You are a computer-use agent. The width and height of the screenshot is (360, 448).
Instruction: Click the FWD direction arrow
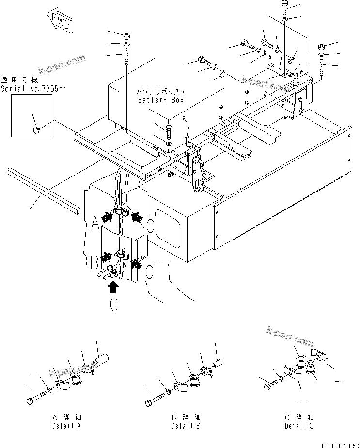click(x=59, y=21)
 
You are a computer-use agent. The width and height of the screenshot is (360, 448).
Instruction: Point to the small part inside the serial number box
click(x=37, y=129)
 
